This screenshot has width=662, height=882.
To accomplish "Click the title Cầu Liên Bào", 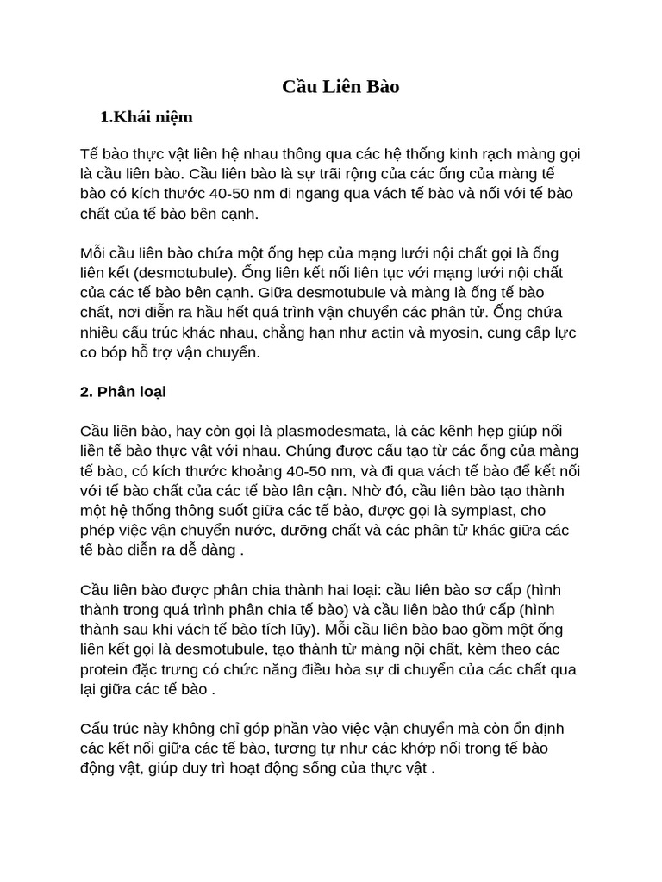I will click(x=341, y=87).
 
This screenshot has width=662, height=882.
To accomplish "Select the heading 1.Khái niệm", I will click(x=147, y=117).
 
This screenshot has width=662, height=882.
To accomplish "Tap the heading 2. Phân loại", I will click(x=123, y=392).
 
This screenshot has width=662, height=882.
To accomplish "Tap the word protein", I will click(x=105, y=669).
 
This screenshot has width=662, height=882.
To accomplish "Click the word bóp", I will click(x=123, y=353).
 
